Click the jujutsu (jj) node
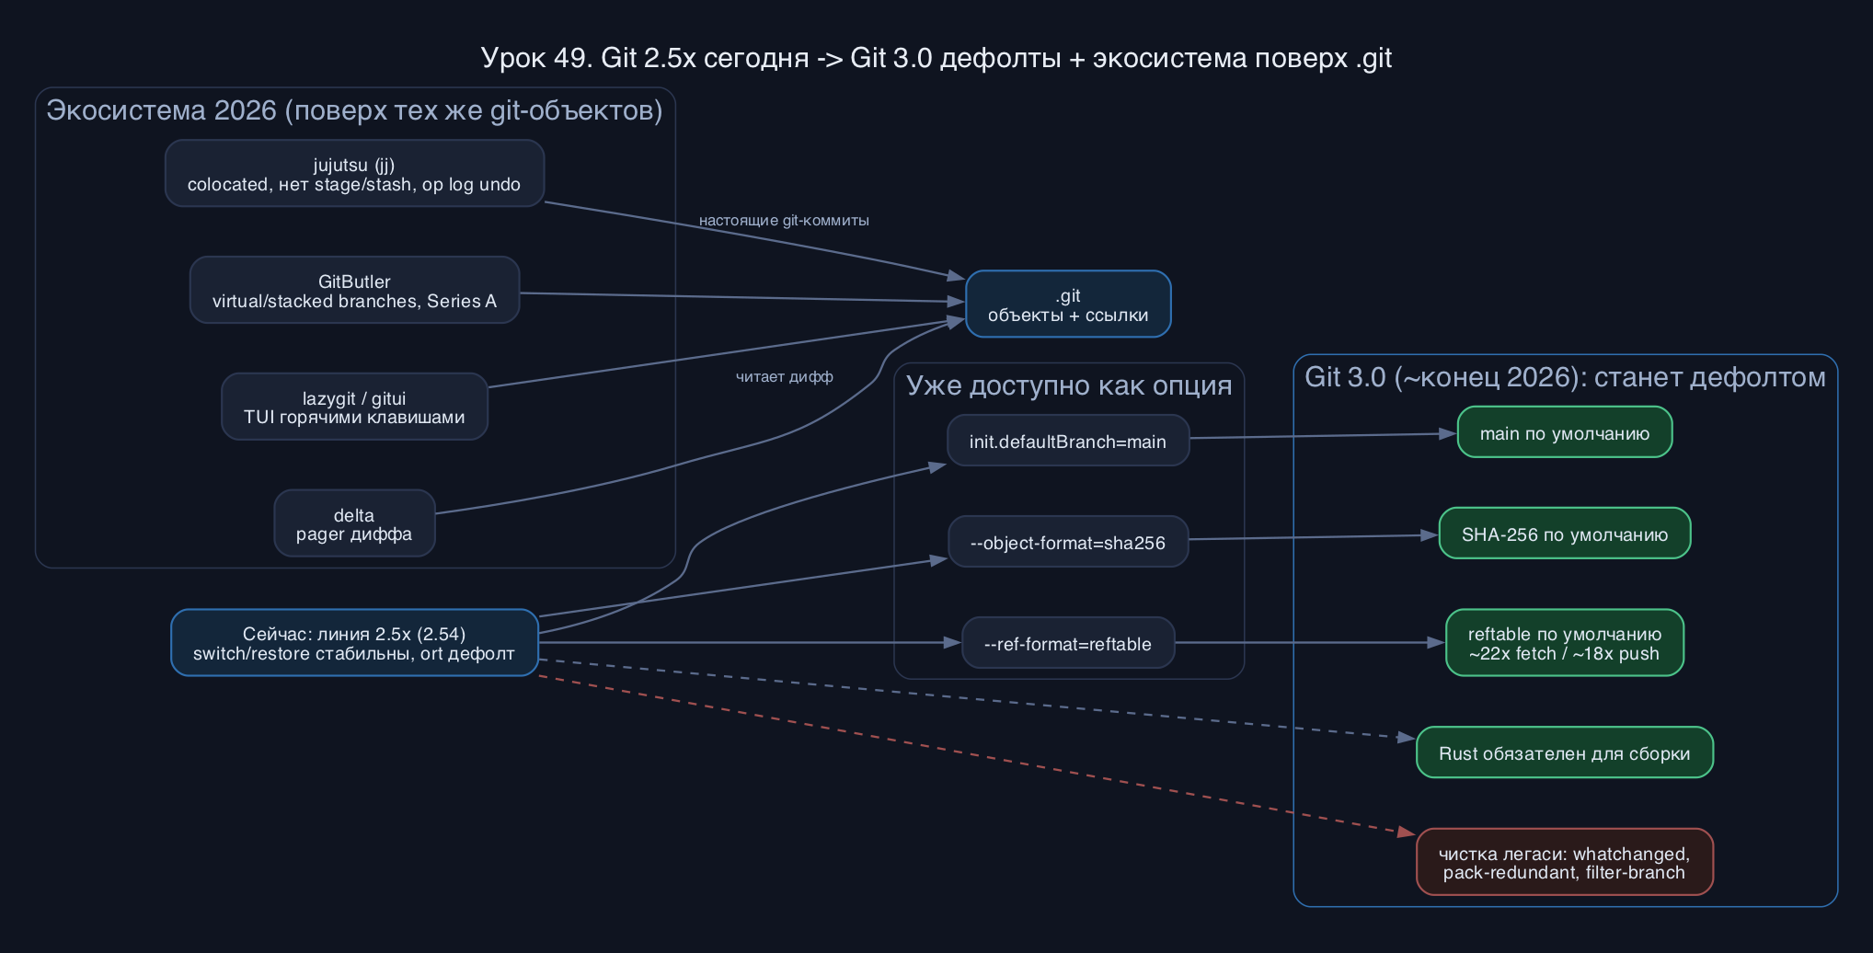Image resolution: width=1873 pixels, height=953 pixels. point(354,173)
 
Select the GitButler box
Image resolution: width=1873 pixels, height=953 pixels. point(354,290)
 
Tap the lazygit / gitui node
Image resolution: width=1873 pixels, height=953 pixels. point(354,407)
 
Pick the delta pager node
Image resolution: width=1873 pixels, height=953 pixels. point(354,523)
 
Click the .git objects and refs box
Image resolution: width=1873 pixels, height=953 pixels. point(1068,304)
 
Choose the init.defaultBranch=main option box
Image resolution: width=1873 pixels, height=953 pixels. point(1068,441)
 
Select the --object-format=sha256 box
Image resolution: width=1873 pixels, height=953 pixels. point(1068,542)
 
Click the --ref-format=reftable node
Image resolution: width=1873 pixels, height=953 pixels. point(1068,643)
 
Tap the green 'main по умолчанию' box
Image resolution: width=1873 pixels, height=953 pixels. point(1565,432)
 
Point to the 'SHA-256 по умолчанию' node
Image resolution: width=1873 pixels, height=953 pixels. point(1565,534)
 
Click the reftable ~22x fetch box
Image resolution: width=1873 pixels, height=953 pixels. point(1565,643)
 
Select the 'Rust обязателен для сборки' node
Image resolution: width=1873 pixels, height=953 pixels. point(1565,752)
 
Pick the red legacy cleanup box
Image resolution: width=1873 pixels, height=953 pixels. point(1565,862)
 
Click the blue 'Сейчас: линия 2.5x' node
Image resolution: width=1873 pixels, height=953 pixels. point(354,643)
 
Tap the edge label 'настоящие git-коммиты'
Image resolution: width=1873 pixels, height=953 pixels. point(784,221)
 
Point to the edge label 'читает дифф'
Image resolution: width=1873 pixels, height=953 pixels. point(785,377)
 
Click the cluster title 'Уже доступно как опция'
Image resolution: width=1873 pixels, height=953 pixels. point(1069,385)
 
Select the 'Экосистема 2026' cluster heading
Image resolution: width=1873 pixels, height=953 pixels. point(354,110)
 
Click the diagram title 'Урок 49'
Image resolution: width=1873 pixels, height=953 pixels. point(936,58)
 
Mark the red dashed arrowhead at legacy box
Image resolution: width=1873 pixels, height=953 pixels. point(1408,832)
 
